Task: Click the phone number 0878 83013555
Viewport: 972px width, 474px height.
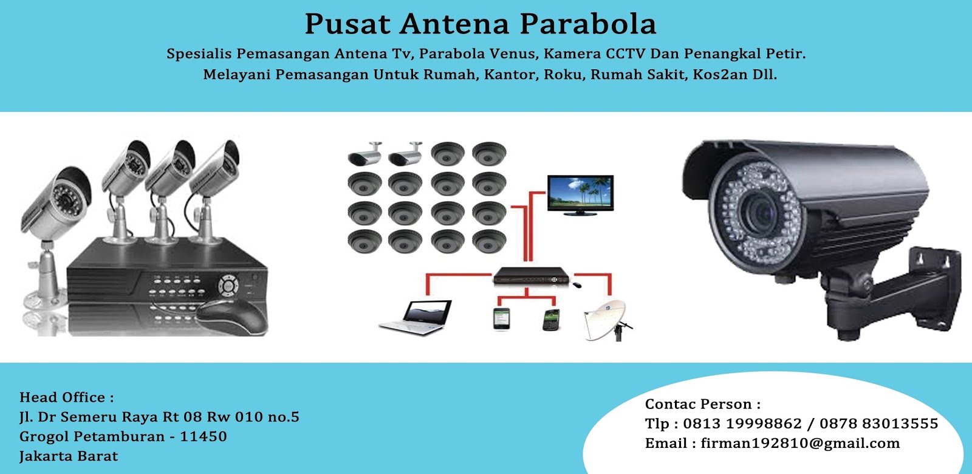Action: (878, 424)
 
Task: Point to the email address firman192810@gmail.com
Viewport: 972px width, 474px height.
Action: (800, 443)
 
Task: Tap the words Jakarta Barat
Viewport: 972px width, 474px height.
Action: (69, 456)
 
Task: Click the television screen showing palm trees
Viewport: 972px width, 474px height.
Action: (580, 193)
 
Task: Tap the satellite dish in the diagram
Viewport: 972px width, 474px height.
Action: (606, 318)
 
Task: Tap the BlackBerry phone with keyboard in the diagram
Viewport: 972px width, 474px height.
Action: (550, 320)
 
